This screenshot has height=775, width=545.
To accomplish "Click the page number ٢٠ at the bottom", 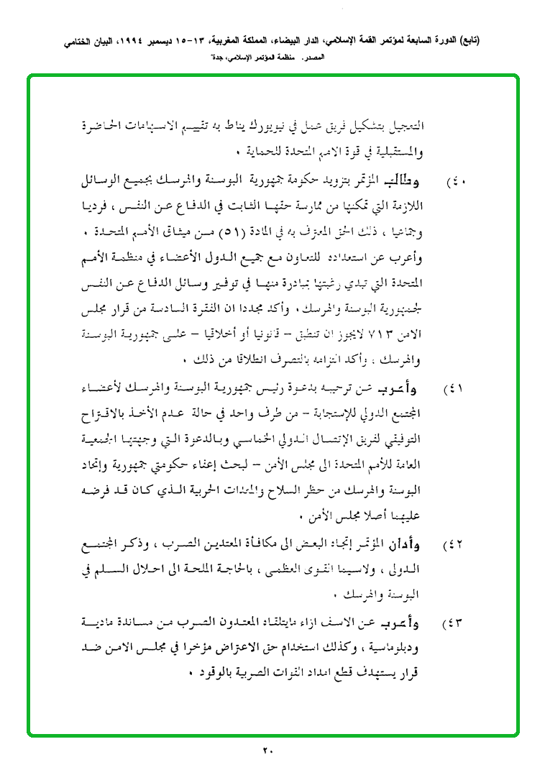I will tap(267, 751).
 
